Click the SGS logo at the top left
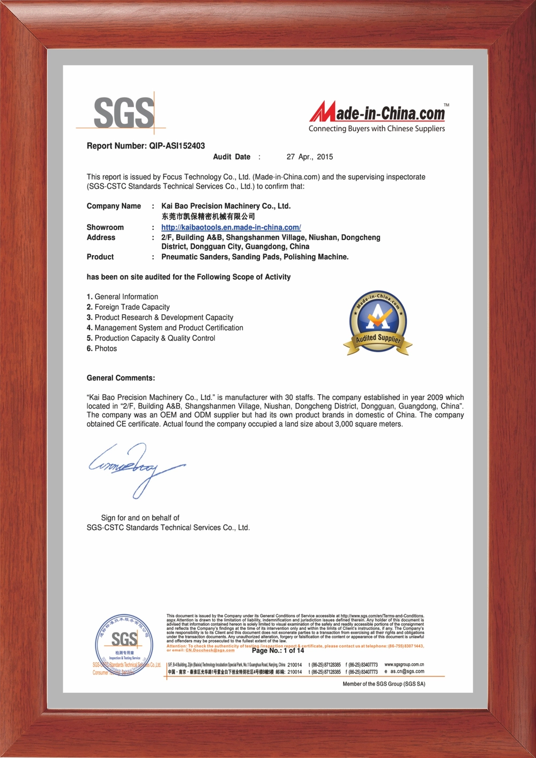124,113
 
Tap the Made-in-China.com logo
377,115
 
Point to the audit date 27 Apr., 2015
309,157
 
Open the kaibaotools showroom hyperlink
231,227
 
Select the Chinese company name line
208,216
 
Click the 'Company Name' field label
114,206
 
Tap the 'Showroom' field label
105,227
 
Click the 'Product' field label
100,257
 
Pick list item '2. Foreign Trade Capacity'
128,307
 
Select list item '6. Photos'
102,348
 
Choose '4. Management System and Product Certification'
165,328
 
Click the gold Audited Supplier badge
378,323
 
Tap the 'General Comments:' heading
121,378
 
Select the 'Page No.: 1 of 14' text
278,651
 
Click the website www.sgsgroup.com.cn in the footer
404,665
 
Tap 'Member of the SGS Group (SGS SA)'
384,684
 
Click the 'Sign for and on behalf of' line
140,518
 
